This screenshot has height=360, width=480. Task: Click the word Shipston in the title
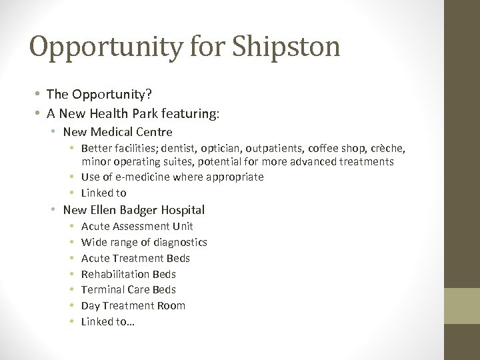pos(286,47)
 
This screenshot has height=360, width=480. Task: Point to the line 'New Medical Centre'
pos(117,132)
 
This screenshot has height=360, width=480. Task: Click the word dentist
pos(193,147)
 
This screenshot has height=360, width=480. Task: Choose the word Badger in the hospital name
pos(133,210)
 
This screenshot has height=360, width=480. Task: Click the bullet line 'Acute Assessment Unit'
pos(137,227)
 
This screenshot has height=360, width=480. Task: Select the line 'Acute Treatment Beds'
pos(135,258)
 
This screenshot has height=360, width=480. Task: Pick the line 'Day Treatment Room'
pos(133,305)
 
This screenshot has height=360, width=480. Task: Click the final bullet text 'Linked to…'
pos(107,321)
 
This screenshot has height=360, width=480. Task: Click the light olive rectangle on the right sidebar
pos(463,305)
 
